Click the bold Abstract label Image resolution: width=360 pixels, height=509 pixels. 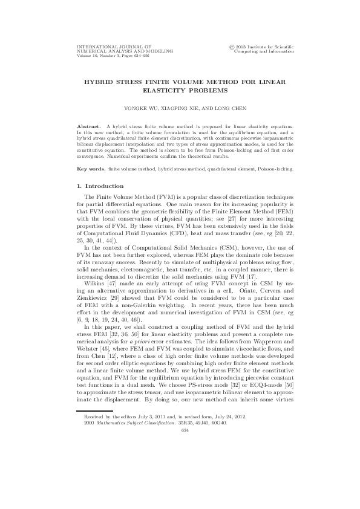click(83, 126)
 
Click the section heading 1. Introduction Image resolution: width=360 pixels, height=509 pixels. click(98, 186)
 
